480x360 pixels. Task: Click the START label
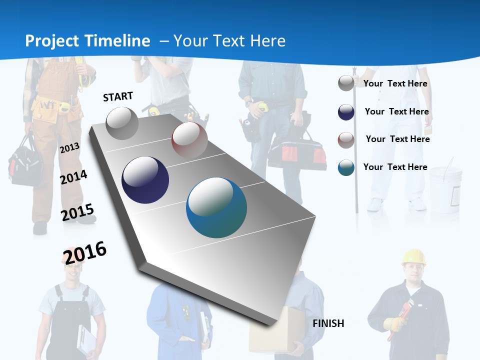coord(118,96)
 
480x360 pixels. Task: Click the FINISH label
coord(328,323)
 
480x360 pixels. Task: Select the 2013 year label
coord(69,147)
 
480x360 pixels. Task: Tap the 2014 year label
coord(73,177)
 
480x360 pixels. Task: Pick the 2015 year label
coord(77,212)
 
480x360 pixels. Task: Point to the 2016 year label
coord(85,252)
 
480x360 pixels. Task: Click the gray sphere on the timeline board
coord(122,123)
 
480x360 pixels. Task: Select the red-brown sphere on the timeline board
coord(189,139)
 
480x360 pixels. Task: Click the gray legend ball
coord(346,83)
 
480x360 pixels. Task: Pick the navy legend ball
coord(346,112)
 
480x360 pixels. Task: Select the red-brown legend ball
coord(346,140)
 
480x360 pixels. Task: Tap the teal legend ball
coord(346,167)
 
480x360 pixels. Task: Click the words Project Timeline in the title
coord(87,41)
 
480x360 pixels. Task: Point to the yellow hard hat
coord(413,257)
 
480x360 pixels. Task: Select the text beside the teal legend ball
coord(395,167)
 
